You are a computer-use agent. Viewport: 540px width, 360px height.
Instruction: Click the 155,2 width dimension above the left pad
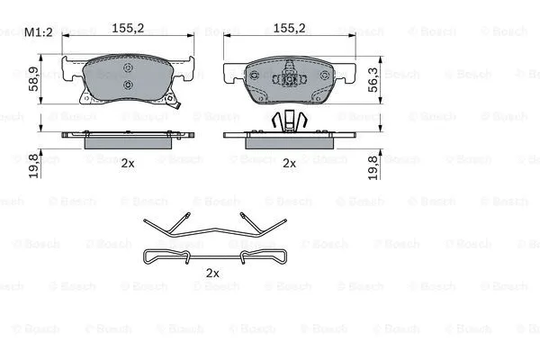click(128, 28)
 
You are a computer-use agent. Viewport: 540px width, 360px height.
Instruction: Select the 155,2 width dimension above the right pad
click(289, 28)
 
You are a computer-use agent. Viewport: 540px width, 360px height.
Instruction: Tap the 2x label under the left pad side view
click(128, 163)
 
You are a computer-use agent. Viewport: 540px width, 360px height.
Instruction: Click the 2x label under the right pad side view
click(289, 163)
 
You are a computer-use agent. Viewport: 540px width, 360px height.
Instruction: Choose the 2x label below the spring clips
click(213, 272)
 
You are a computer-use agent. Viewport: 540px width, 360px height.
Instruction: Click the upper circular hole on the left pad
click(128, 67)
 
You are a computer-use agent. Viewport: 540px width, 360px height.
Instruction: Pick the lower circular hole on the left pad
click(128, 86)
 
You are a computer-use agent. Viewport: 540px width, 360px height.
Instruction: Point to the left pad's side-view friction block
click(128, 142)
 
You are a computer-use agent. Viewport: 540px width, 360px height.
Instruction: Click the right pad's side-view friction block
click(289, 142)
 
